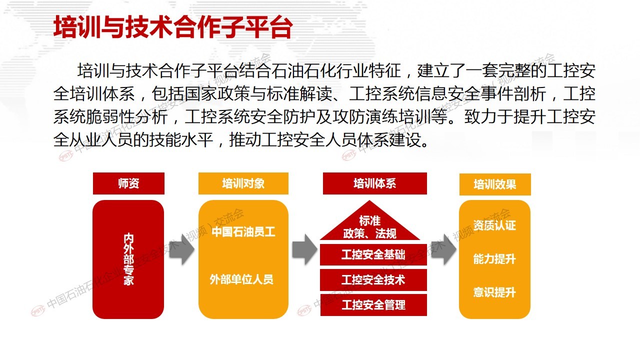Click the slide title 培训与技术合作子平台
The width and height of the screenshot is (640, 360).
tap(173, 27)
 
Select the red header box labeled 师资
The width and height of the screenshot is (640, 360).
tap(128, 183)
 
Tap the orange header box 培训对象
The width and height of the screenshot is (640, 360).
tap(243, 183)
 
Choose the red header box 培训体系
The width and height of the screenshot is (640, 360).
tap(375, 183)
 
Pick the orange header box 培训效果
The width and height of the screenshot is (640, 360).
tap(495, 184)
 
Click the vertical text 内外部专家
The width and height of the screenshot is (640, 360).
tap(128, 259)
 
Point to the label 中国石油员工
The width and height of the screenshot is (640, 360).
tap(243, 231)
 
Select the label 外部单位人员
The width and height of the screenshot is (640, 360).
tap(241, 279)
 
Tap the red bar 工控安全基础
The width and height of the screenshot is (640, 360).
tap(373, 254)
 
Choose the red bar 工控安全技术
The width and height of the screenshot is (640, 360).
tap(373, 279)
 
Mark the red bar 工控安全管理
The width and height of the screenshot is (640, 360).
tap(373, 305)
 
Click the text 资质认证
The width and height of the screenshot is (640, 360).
tap(494, 225)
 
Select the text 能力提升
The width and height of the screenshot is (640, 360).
tap(494, 259)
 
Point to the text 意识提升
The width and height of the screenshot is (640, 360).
tap(494, 292)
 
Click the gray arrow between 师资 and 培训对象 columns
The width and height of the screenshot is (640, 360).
tap(181, 249)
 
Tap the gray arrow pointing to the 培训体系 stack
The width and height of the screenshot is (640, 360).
tap(304, 249)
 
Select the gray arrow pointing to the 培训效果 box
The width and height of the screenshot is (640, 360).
tap(443, 249)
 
